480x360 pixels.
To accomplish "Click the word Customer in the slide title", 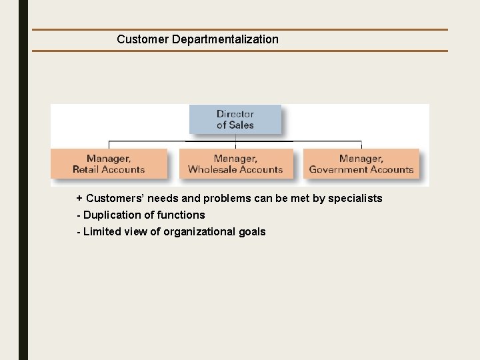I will [142, 39].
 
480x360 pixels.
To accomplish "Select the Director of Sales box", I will [235, 119].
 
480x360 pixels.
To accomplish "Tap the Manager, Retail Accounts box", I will [109, 163].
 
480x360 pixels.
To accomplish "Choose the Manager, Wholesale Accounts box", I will [235, 163].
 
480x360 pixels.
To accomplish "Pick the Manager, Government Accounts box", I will [361, 163].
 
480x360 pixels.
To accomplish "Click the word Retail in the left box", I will [86, 169].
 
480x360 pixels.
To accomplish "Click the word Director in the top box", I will [235, 113].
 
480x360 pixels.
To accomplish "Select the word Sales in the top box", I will [241, 125].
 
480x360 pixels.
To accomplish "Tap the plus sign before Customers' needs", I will [79, 199].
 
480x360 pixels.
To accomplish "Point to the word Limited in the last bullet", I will [102, 232].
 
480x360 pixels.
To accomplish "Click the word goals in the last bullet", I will [251, 232].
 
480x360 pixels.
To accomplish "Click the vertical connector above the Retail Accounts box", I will [109, 144].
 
